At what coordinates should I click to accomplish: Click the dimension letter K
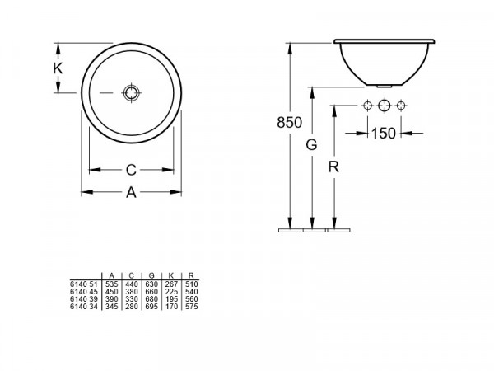[58, 68]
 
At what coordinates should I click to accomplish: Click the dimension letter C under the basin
[131, 170]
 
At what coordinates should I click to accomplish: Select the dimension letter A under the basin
[131, 192]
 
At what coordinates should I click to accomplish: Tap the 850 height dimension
[289, 122]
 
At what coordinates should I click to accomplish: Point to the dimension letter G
[311, 145]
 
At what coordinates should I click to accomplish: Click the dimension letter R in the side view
[333, 167]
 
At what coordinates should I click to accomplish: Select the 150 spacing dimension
[384, 134]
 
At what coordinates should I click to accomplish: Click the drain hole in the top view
[131, 92]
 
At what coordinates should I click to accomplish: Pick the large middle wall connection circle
[384, 106]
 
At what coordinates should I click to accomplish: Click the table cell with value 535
[111, 284]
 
